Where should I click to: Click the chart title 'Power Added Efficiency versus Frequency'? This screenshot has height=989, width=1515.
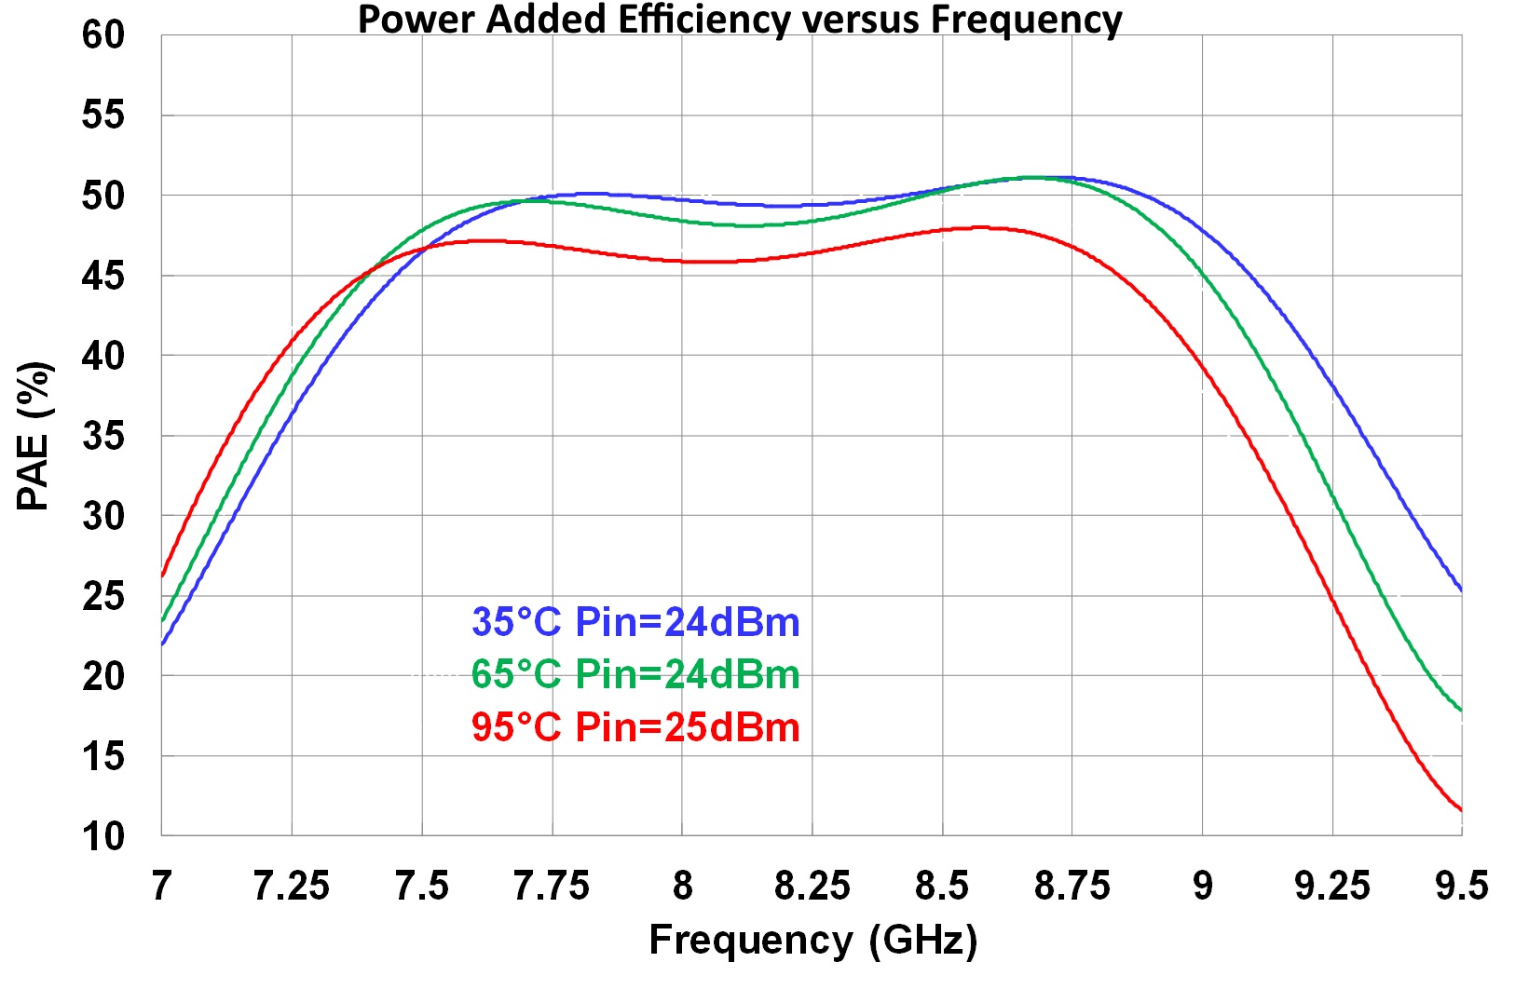(x=740, y=19)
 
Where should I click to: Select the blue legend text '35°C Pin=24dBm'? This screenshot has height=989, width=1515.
(x=635, y=622)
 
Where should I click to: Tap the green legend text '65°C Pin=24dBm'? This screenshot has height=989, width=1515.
(x=635, y=674)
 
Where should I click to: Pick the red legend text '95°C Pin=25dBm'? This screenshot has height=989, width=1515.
(x=635, y=727)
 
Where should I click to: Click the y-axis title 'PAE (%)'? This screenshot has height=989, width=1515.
(x=34, y=436)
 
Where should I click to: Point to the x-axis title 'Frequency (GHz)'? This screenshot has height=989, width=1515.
(x=812, y=940)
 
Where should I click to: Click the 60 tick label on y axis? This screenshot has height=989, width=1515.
(x=102, y=35)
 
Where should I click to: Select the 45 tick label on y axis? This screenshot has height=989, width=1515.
(x=102, y=276)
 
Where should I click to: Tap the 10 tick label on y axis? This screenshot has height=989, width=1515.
(x=102, y=836)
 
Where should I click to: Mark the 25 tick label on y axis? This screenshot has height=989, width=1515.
(x=102, y=596)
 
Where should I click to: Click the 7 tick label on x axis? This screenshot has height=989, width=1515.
(x=162, y=886)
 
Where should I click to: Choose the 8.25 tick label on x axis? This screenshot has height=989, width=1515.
(x=812, y=886)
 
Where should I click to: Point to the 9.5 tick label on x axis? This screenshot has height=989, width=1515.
(x=1461, y=886)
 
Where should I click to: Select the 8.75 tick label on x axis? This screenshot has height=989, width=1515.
(x=1071, y=886)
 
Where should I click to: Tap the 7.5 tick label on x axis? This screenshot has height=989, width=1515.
(x=422, y=886)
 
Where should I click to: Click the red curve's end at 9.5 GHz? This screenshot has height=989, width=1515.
(x=1460, y=809)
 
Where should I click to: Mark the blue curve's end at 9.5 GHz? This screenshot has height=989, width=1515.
(x=1460, y=589)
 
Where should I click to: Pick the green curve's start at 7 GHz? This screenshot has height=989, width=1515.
(x=163, y=620)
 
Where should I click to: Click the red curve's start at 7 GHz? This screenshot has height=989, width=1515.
(x=163, y=575)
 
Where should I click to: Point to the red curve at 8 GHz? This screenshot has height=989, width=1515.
(x=682, y=261)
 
